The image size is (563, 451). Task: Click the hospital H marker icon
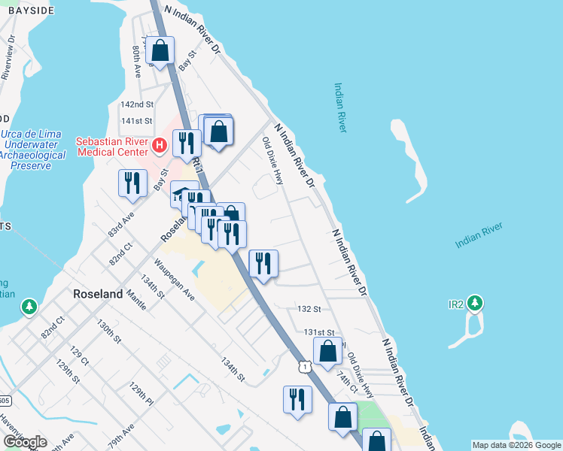(159, 145)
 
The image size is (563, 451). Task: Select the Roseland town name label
(97, 295)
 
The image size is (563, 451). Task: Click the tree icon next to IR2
(474, 304)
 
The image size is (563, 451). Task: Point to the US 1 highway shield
(303, 365)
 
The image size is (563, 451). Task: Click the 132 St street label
(309, 309)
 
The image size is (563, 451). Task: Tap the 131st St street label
(318, 332)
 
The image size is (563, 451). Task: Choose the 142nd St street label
(137, 104)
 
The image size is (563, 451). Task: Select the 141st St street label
(137, 120)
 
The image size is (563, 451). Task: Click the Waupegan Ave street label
(175, 280)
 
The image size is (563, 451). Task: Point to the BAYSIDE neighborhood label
(27, 11)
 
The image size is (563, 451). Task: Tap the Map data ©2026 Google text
(516, 445)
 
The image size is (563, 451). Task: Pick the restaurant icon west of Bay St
(132, 183)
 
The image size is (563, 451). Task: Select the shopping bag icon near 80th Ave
(160, 51)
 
